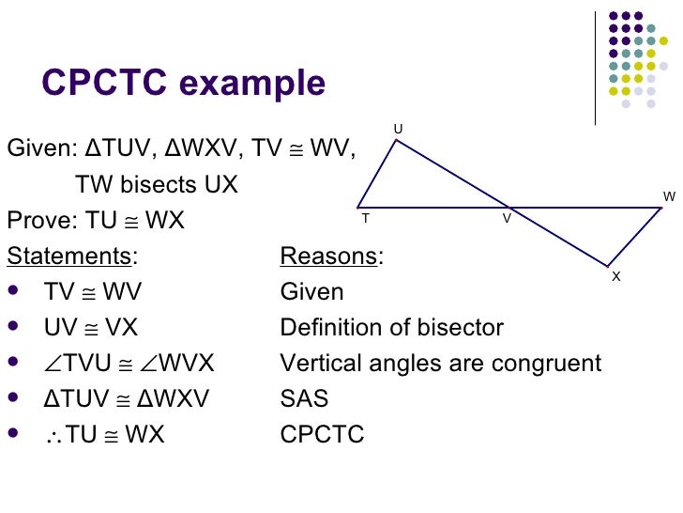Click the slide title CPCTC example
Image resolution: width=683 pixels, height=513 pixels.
184,84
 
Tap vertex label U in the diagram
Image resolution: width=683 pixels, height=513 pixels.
398,129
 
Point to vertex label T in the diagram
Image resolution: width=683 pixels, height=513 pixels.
365,218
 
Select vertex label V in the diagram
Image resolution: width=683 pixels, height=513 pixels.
507,218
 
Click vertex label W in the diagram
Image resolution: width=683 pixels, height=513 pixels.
669,196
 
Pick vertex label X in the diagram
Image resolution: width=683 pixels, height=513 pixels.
615,276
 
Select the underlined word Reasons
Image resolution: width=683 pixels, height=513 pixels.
331,256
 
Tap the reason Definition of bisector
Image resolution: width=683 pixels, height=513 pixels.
391,328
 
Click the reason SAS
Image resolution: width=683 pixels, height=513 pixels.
304,399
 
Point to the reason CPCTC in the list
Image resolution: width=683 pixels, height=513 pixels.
322,435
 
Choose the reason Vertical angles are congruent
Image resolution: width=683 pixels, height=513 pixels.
441,364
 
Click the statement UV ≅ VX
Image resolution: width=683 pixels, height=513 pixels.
91,328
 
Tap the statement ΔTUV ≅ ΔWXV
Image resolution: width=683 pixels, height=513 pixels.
127,399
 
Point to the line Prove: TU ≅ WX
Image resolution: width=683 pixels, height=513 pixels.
96,221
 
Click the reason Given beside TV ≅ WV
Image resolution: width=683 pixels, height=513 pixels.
311,292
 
